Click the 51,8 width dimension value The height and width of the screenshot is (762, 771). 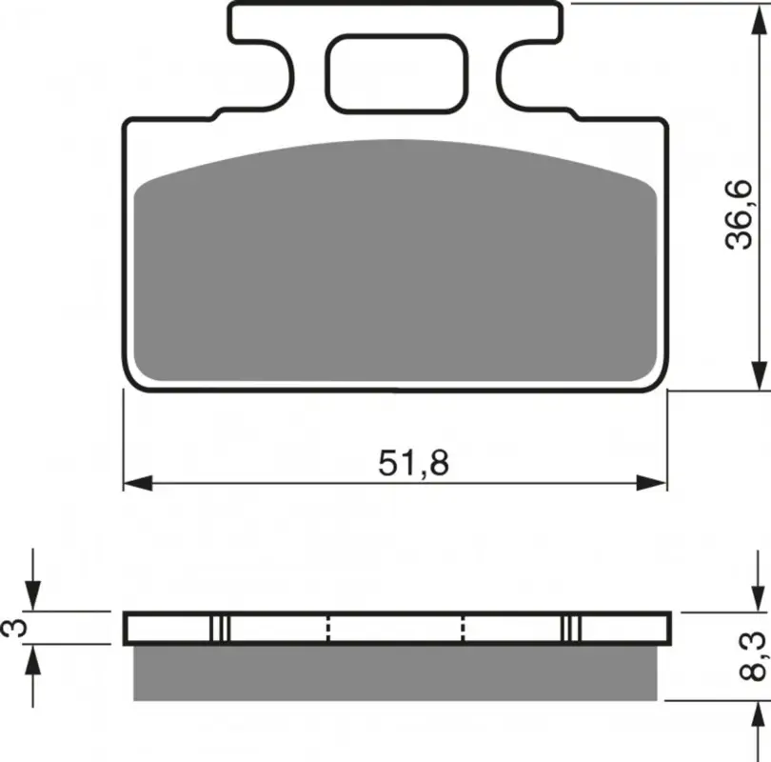click(413, 464)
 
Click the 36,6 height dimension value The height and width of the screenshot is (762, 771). click(740, 214)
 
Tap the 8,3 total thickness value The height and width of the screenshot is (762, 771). click(752, 656)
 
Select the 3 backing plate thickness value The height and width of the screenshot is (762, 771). click(14, 629)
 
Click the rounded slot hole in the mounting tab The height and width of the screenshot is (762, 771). click(396, 74)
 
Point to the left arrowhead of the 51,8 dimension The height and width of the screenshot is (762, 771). click(138, 483)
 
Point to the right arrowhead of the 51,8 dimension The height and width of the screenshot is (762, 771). click(651, 483)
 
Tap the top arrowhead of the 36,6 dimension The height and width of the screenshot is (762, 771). click(760, 19)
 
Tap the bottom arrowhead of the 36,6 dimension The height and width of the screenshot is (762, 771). click(760, 376)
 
